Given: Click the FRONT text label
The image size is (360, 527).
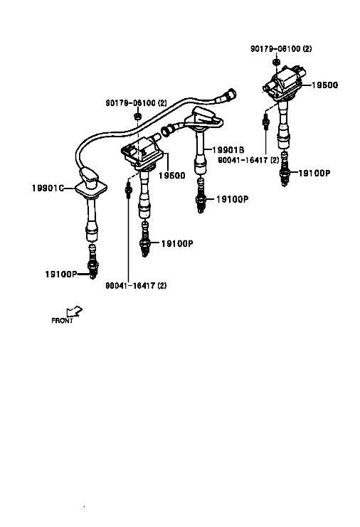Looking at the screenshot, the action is pyautogui.click(x=62, y=321).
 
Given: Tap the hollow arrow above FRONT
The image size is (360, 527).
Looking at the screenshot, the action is pyautogui.click(x=74, y=312).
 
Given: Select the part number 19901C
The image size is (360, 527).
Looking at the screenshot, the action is pyautogui.click(x=48, y=188).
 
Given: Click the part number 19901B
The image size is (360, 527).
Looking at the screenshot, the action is pyautogui.click(x=228, y=150).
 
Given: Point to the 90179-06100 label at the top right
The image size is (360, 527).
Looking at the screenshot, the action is pyautogui.click(x=281, y=49).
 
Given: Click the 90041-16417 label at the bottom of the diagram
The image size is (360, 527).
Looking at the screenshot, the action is pyautogui.click(x=136, y=286).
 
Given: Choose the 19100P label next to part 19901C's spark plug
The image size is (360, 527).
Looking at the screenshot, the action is pyautogui.click(x=61, y=275).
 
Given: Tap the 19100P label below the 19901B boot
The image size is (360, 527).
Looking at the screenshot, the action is pyautogui.click(x=232, y=199).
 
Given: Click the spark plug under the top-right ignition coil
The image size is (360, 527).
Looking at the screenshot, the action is pyautogui.click(x=285, y=169).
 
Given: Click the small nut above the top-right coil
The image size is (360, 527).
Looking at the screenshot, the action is pyautogui.click(x=275, y=63).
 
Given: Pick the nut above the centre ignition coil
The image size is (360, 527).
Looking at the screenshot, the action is pyautogui.click(x=137, y=117).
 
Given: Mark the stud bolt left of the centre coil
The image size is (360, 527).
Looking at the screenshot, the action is pyautogui.click(x=128, y=191).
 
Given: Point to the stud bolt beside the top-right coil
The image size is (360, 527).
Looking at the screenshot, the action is pyautogui.click(x=265, y=122).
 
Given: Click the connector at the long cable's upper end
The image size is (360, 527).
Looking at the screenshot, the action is pyautogui.click(x=228, y=94).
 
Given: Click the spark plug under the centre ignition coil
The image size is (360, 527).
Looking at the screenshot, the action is pyautogui.click(x=144, y=239).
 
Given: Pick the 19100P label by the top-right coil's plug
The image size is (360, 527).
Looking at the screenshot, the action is pyautogui.click(x=314, y=173).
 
